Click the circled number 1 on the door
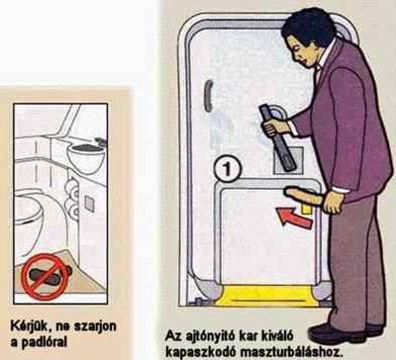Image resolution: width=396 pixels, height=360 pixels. pos(227,169)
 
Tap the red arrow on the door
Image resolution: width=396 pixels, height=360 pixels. pos(295,218)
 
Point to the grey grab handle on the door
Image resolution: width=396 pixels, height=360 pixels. pos(208,96)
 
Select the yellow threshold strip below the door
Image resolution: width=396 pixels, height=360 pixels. pos(265,296)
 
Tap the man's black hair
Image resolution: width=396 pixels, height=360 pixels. pos(310,27)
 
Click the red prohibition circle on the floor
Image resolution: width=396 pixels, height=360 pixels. pos(46,277)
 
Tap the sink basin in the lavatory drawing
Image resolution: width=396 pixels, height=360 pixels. pos(86,157)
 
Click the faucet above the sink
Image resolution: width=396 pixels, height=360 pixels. pos(101,141)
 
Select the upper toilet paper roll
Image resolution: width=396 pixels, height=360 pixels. pos(71,188)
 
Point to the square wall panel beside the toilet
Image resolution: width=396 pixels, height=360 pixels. pos(89,204)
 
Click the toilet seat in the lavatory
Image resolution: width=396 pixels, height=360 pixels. pos(28,211)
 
